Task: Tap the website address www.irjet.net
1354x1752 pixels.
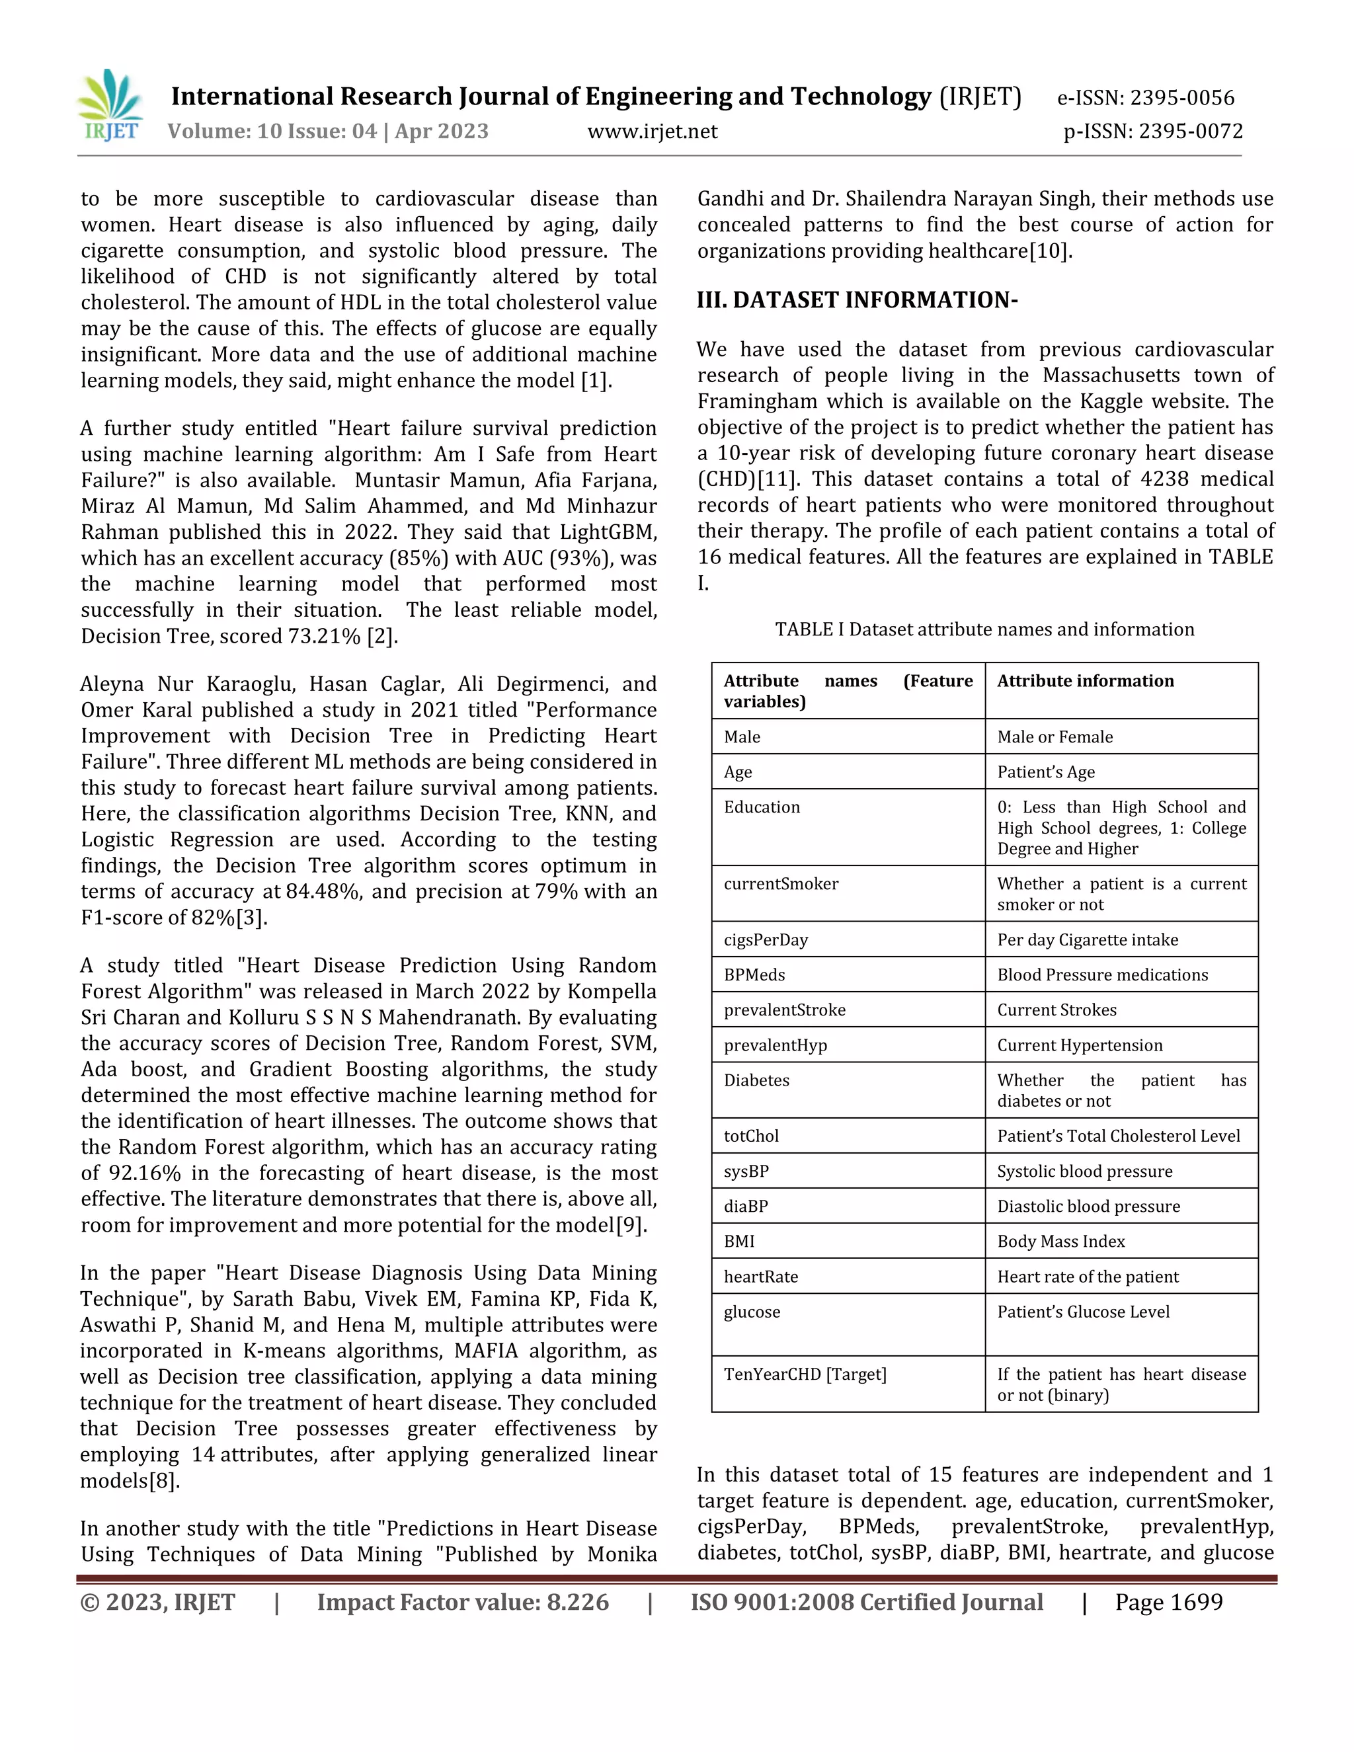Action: click(x=652, y=132)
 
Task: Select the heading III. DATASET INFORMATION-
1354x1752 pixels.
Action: click(x=857, y=300)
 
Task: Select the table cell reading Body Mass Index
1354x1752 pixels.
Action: click(x=1060, y=1241)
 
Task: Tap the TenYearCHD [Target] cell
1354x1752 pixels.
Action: click(x=805, y=1374)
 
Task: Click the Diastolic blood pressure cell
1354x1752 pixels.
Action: click(x=1088, y=1206)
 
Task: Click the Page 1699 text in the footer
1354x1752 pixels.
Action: click(x=1168, y=1602)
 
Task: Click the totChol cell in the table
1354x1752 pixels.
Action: click(x=751, y=1136)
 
